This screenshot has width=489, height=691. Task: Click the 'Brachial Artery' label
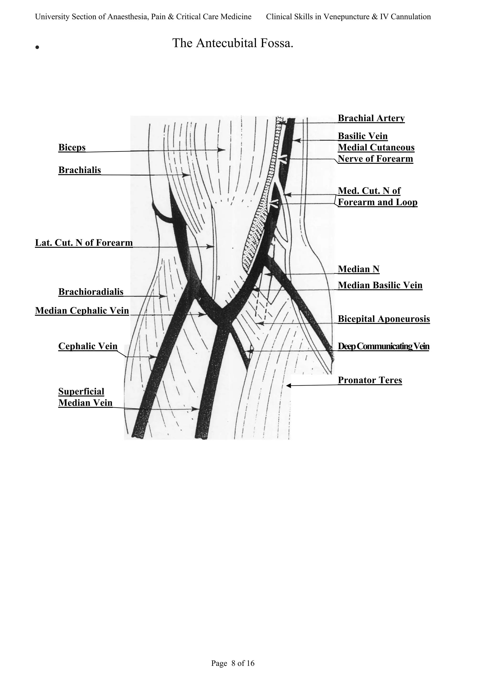pos(371,118)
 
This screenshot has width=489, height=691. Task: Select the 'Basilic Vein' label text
pos(362,136)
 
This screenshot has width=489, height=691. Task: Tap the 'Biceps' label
pos(72,147)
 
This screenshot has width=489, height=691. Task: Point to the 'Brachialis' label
pos(80,170)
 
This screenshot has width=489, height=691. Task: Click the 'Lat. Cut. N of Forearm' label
pos(84,243)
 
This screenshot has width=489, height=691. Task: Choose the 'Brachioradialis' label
pos(91,292)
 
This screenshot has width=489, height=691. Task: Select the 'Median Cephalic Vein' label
pos(82,311)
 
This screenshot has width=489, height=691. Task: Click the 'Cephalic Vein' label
pos(88,346)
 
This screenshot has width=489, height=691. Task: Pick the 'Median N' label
pos(359,269)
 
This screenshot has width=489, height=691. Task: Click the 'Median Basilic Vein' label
pos(380,285)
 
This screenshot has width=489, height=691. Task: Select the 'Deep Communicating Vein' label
pos(383,346)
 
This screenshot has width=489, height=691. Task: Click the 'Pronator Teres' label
pos(370,380)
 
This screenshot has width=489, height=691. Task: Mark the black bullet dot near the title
pos(37,47)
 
